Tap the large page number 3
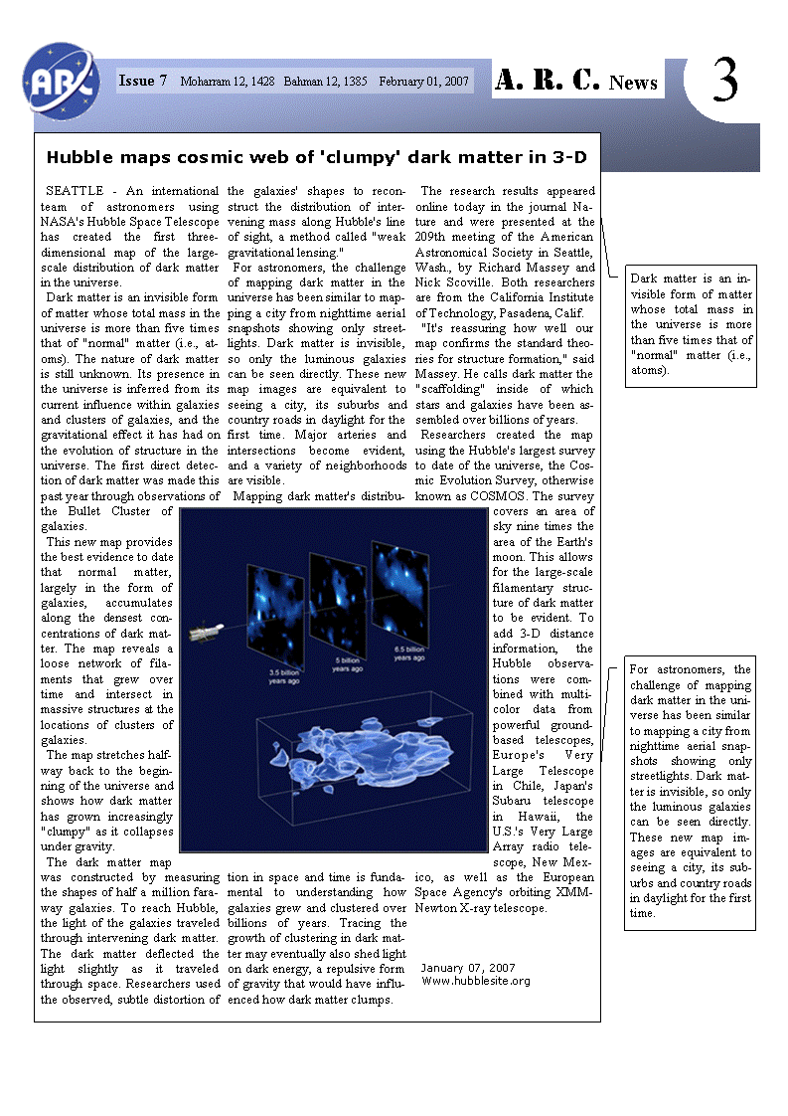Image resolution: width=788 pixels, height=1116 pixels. pos(725,82)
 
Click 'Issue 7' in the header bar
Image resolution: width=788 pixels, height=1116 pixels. pos(143,81)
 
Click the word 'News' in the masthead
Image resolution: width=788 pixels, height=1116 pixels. pos(633,83)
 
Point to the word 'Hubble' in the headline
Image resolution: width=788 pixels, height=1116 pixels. pos(79,157)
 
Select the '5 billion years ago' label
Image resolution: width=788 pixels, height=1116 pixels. pos(347,663)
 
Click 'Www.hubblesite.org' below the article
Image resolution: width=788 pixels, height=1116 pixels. pos(476,981)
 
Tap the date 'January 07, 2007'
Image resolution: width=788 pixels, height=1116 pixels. pos(467,967)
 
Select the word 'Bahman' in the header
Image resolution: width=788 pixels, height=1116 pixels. pos(306,82)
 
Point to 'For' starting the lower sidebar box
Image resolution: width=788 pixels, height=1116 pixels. pos(640,670)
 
